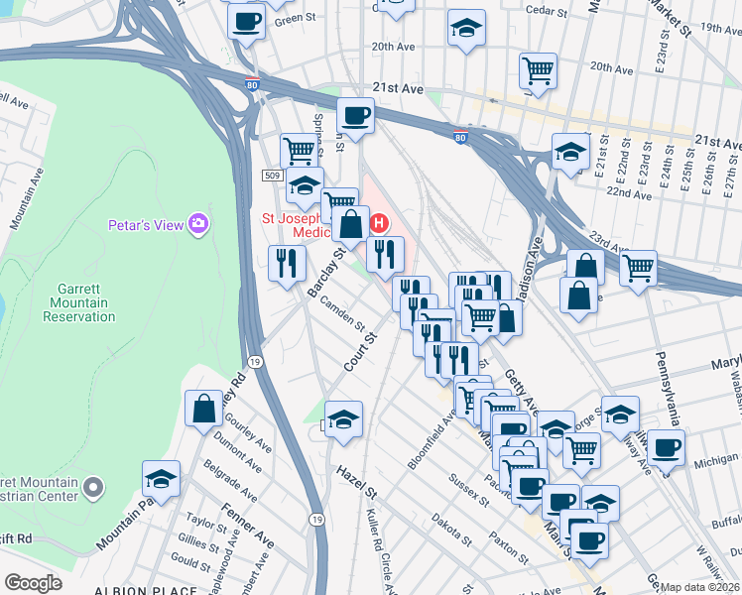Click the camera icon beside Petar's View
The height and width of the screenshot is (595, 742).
[199, 224]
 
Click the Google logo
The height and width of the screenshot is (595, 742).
[33, 583]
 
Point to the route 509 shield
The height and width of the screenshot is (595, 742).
[273, 175]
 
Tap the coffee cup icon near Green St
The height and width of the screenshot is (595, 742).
[246, 21]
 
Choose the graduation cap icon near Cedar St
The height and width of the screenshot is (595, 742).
[465, 29]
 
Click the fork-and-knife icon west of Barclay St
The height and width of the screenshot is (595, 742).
[286, 263]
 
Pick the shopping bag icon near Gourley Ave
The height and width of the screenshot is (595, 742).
[203, 410]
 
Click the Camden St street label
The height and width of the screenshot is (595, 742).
[340, 314]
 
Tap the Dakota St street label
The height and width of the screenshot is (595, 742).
[451, 531]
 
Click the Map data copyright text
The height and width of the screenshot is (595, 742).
[699, 587]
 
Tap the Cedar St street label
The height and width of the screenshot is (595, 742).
[548, 13]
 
